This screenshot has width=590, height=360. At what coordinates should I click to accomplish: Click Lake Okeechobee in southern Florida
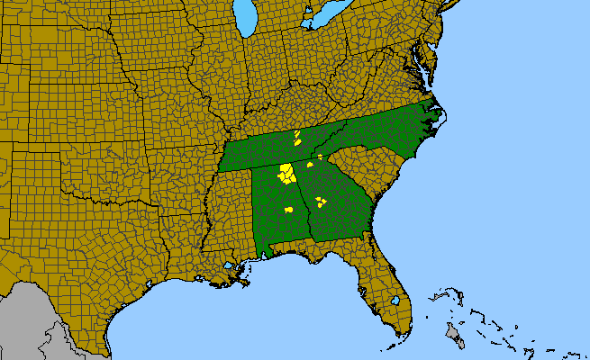395,300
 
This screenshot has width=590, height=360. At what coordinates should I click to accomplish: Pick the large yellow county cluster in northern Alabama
286,174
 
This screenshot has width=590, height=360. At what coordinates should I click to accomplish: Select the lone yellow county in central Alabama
289,210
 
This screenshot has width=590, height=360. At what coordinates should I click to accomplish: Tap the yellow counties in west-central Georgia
320,202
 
